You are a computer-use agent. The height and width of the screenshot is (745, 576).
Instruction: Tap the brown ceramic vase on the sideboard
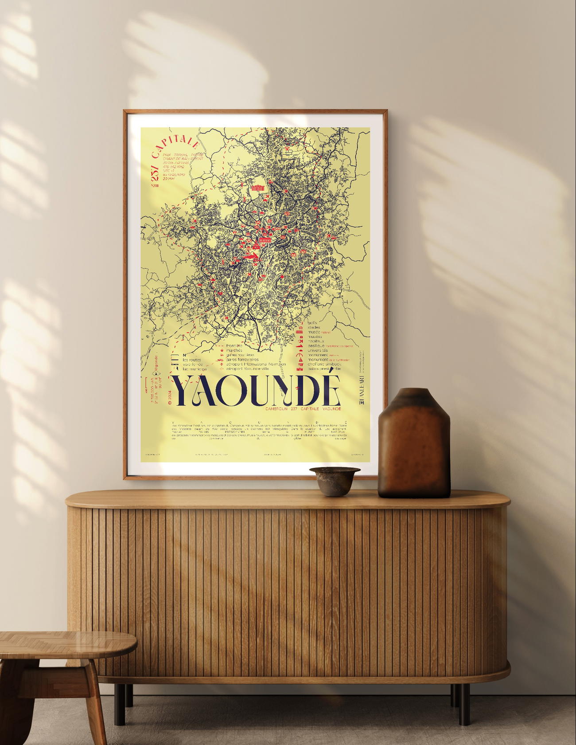tap(414, 443)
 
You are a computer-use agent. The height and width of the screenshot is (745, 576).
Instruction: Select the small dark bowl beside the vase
tap(334, 480)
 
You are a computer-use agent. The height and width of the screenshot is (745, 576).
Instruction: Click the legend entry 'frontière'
tap(234, 345)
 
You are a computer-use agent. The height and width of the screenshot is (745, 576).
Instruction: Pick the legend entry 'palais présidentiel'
tap(324, 369)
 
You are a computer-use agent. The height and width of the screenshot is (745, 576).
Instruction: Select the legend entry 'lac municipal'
tap(195, 369)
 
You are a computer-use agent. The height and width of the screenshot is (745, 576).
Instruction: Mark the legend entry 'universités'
tap(318, 350)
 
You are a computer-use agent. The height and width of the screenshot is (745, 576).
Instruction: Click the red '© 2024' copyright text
tap(170, 396)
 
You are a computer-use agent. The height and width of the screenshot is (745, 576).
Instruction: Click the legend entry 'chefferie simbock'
tap(324, 364)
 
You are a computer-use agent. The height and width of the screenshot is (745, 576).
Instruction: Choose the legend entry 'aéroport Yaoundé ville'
tap(247, 369)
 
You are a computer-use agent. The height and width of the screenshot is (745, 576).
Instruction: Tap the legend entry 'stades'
tap(314, 327)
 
